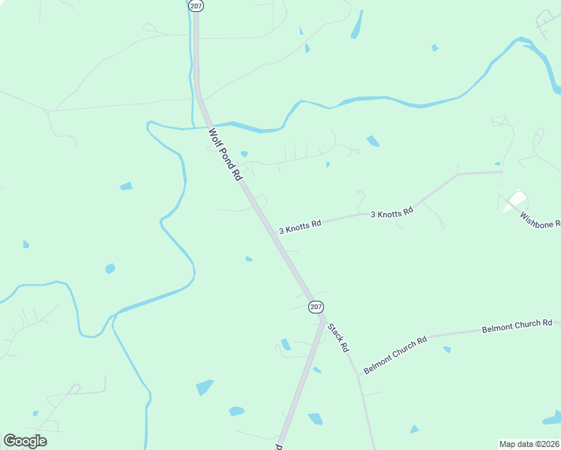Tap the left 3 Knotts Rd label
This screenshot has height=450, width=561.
300,224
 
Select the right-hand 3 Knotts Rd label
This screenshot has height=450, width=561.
391,212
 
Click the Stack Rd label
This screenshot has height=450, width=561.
338,337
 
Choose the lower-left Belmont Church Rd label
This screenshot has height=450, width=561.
394,355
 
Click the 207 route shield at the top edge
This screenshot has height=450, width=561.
196,5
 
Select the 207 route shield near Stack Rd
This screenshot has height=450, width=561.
316,307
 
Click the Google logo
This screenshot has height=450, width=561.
25,441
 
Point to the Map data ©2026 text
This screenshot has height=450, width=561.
529,444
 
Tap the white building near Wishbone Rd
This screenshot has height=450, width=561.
516,200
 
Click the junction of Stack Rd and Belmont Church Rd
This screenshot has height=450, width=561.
358,374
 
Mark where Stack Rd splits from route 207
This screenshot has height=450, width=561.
322,318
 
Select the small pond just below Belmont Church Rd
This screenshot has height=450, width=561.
447,349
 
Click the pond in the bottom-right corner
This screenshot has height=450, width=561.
553,418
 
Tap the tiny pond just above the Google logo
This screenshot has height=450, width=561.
35,412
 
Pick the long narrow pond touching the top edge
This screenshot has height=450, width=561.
356,25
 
